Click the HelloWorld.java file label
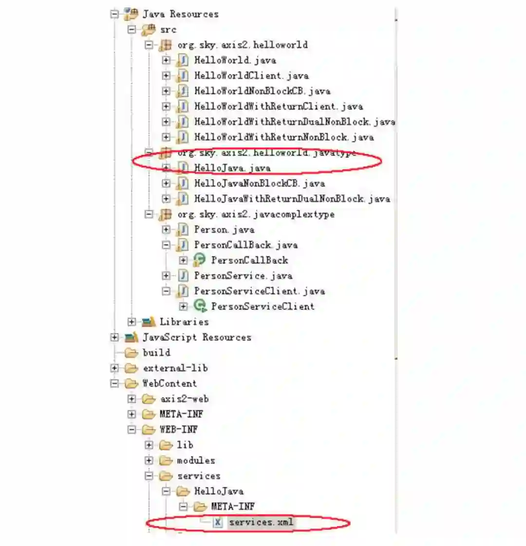pyautogui.click(x=235, y=60)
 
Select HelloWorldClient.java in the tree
pyautogui.click(x=251, y=75)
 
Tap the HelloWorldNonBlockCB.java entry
pyautogui.click(x=262, y=91)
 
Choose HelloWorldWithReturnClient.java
pyautogui.click(x=278, y=106)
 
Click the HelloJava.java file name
pyautogui.click(x=232, y=168)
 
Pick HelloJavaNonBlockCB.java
pyautogui.click(x=259, y=184)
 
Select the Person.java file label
pyautogui.click(x=224, y=229)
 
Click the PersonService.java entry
pyautogui.click(x=243, y=276)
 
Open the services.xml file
pyautogui.click(x=261, y=522)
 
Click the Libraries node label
pyautogui.click(x=184, y=322)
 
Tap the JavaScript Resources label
pyautogui.click(x=197, y=337)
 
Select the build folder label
pyautogui.click(x=156, y=353)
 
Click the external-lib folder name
pyautogui.click(x=175, y=368)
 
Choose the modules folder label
pyautogui.click(x=196, y=460)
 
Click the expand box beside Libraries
pyautogui.click(x=131, y=322)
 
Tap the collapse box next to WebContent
pyautogui.click(x=114, y=383)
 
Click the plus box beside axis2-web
pyautogui.click(x=131, y=399)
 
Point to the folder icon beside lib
pyautogui.click(x=166, y=445)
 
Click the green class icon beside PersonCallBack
pyautogui.click(x=200, y=260)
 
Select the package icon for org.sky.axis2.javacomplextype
pyautogui.click(x=166, y=214)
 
